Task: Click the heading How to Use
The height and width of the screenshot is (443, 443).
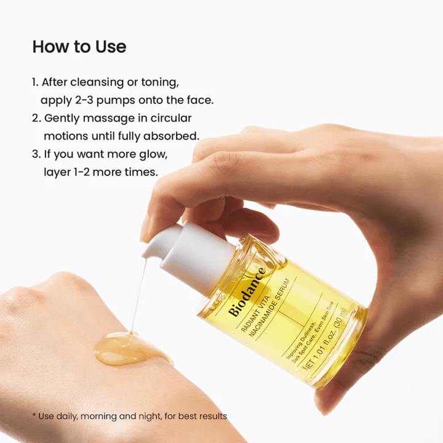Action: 79,47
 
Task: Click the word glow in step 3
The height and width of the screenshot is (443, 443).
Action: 155,154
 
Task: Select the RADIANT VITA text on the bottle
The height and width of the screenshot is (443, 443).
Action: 253,320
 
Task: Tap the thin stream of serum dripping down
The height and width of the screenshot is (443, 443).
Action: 138,295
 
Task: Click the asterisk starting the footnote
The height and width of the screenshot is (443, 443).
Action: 34,416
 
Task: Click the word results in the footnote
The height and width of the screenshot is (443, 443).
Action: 210,417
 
